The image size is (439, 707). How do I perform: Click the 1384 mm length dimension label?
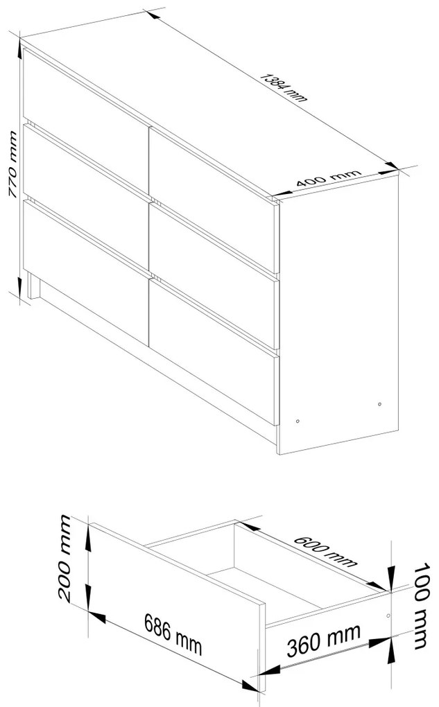click(284, 87)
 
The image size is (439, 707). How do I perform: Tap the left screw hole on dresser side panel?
click(298, 421)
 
